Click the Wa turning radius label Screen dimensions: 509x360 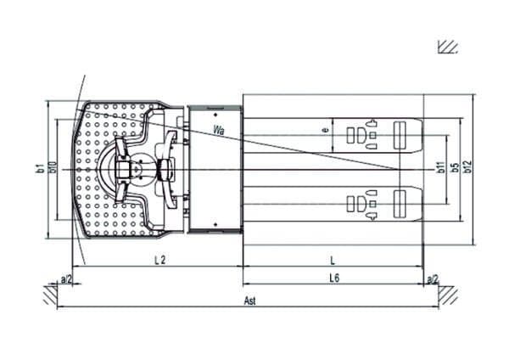(219, 130)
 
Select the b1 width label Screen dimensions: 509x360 (41, 168)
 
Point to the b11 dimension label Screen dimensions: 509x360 (441, 167)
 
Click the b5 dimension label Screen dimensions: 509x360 (456, 167)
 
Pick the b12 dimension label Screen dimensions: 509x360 (467, 166)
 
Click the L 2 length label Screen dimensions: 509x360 (159, 260)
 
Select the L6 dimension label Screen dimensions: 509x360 (334, 278)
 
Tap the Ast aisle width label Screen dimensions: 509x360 (249, 301)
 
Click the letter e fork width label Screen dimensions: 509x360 (327, 130)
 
